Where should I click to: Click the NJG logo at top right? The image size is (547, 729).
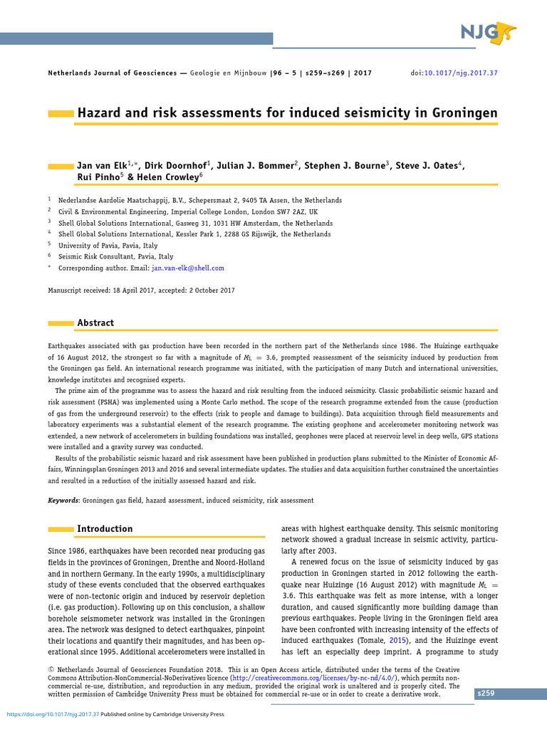487,32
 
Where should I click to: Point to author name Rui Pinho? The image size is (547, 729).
98,177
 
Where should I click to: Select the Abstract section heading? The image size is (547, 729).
95,322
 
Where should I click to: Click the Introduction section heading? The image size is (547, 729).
105,529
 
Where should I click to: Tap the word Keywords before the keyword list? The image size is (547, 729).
63,500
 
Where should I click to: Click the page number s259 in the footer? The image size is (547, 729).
486,693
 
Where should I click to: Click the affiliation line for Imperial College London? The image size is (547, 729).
188,211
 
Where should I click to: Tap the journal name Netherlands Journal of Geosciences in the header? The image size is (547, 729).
115,73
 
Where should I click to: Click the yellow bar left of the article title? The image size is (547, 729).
61,114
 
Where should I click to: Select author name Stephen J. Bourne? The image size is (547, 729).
345,166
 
